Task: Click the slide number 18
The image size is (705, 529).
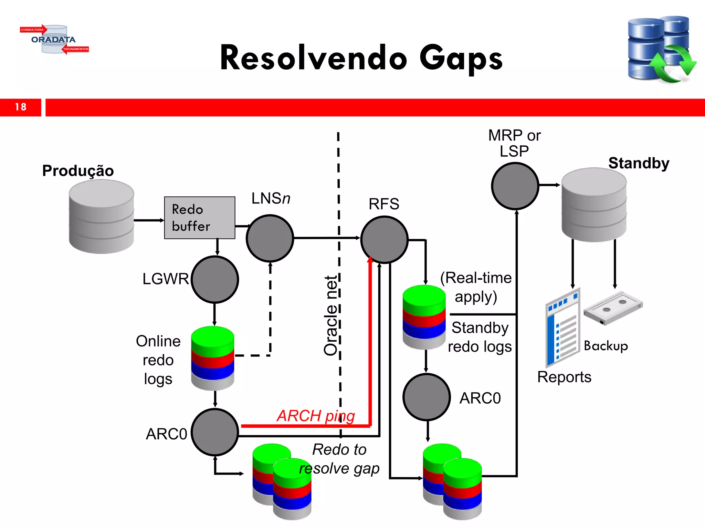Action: coord(21,107)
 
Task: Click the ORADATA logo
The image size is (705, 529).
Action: coord(54,40)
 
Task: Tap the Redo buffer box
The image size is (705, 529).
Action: coord(200,218)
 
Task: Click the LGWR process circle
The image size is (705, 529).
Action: coord(215,279)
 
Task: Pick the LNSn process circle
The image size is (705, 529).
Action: coord(270,238)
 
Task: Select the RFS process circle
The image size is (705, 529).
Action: coord(384,239)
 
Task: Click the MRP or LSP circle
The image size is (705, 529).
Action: coord(515,186)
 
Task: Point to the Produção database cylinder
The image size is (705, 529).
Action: coord(101,217)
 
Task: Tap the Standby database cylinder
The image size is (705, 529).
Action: coord(594,205)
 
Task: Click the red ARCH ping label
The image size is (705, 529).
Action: coord(316,416)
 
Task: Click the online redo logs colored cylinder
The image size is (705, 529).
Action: coord(213,358)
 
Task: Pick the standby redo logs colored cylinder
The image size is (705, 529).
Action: coord(424,317)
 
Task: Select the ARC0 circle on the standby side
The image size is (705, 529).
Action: coord(427,397)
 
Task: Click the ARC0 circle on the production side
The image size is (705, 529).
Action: coord(215,432)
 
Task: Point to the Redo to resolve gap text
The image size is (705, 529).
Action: coord(339,459)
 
